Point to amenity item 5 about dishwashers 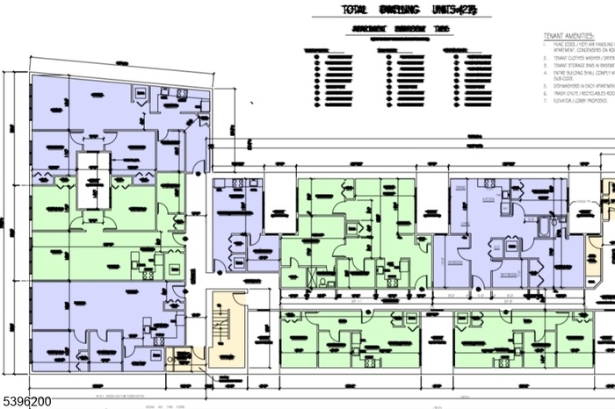[x=578, y=92]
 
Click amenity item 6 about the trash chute [x=578, y=103]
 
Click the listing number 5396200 [x=27, y=400]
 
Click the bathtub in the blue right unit [x=547, y=227]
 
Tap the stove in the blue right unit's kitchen [x=459, y=186]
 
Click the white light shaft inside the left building [x=91, y=179]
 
